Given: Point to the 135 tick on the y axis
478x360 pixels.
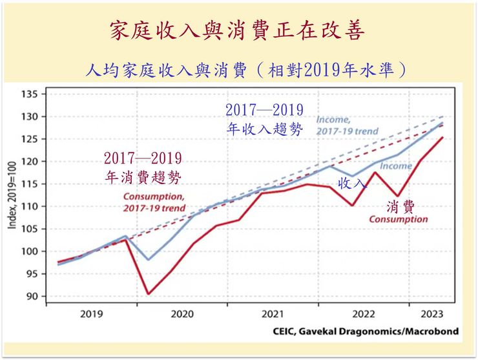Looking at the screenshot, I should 30,94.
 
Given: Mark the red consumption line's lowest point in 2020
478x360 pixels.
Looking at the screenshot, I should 149,294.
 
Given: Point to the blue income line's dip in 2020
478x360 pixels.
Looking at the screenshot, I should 149,260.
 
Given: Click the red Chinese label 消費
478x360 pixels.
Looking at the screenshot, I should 400,207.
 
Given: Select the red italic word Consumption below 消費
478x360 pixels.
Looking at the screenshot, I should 399,220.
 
